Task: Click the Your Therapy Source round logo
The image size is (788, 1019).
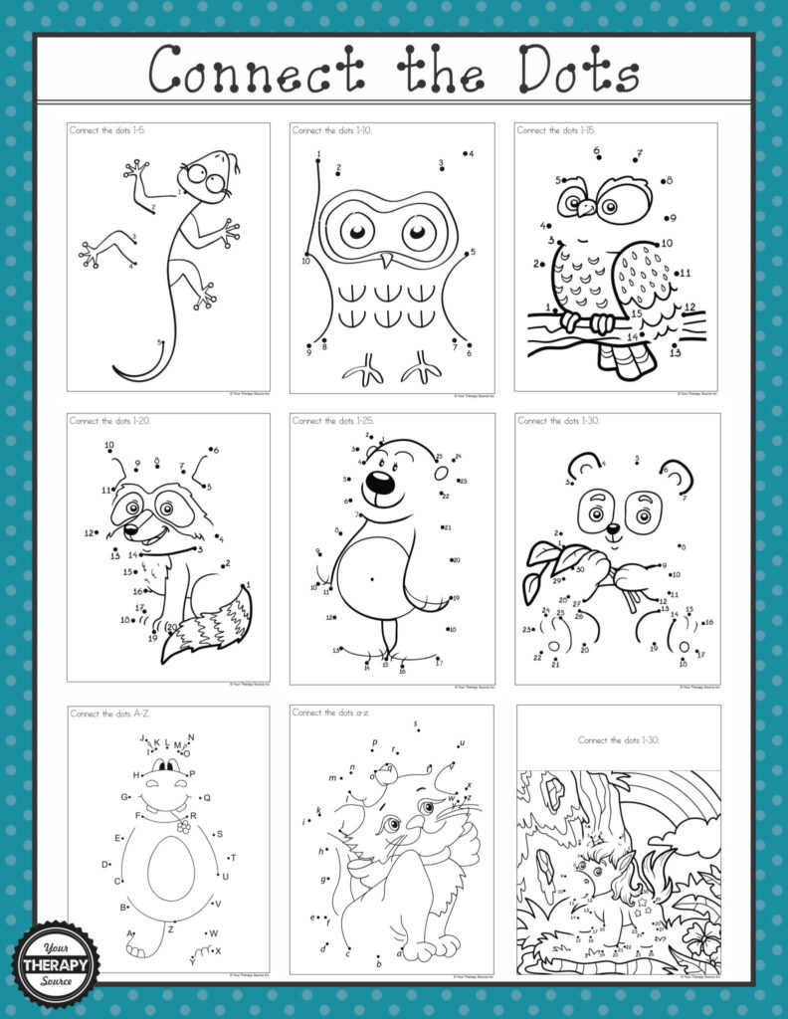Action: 57,962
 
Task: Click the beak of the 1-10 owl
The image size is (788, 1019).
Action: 388,261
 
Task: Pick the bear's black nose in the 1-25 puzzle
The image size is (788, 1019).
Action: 378,483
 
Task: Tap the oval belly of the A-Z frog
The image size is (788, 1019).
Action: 171,868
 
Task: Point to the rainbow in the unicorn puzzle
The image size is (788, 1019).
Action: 677,806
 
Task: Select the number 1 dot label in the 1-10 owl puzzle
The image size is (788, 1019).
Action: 318,154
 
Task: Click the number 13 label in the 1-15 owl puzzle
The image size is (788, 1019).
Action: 676,352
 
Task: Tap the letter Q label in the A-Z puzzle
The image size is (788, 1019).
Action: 207,798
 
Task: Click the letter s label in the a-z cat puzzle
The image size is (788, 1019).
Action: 416,723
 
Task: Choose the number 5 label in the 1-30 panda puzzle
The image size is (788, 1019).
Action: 636,459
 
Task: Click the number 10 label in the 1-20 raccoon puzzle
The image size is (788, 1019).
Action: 109,446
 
